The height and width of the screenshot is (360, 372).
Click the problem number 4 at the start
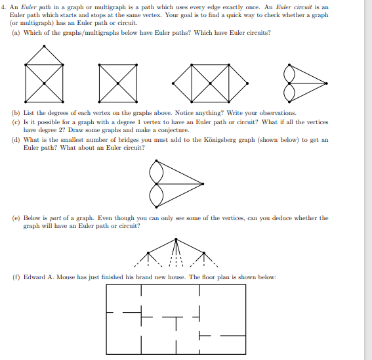(4, 7)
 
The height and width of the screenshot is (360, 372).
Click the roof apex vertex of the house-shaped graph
(44, 45)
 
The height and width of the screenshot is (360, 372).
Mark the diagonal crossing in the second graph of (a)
(119, 83)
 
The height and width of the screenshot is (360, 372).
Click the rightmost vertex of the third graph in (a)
(248, 83)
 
